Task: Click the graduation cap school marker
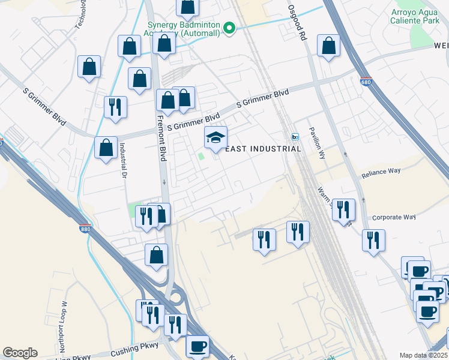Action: (216, 138)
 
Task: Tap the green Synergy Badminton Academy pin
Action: (229, 28)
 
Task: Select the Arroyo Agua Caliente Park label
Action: (415, 16)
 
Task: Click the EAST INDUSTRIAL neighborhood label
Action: (263, 149)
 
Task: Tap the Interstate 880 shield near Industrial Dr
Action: (86, 229)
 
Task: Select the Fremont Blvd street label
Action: (161, 138)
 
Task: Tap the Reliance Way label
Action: (381, 174)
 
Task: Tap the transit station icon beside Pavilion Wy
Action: (295, 137)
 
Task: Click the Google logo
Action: (20, 353)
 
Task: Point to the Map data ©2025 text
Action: (423, 355)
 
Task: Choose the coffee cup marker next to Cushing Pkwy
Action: (197, 346)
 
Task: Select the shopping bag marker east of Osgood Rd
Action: (328, 46)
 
